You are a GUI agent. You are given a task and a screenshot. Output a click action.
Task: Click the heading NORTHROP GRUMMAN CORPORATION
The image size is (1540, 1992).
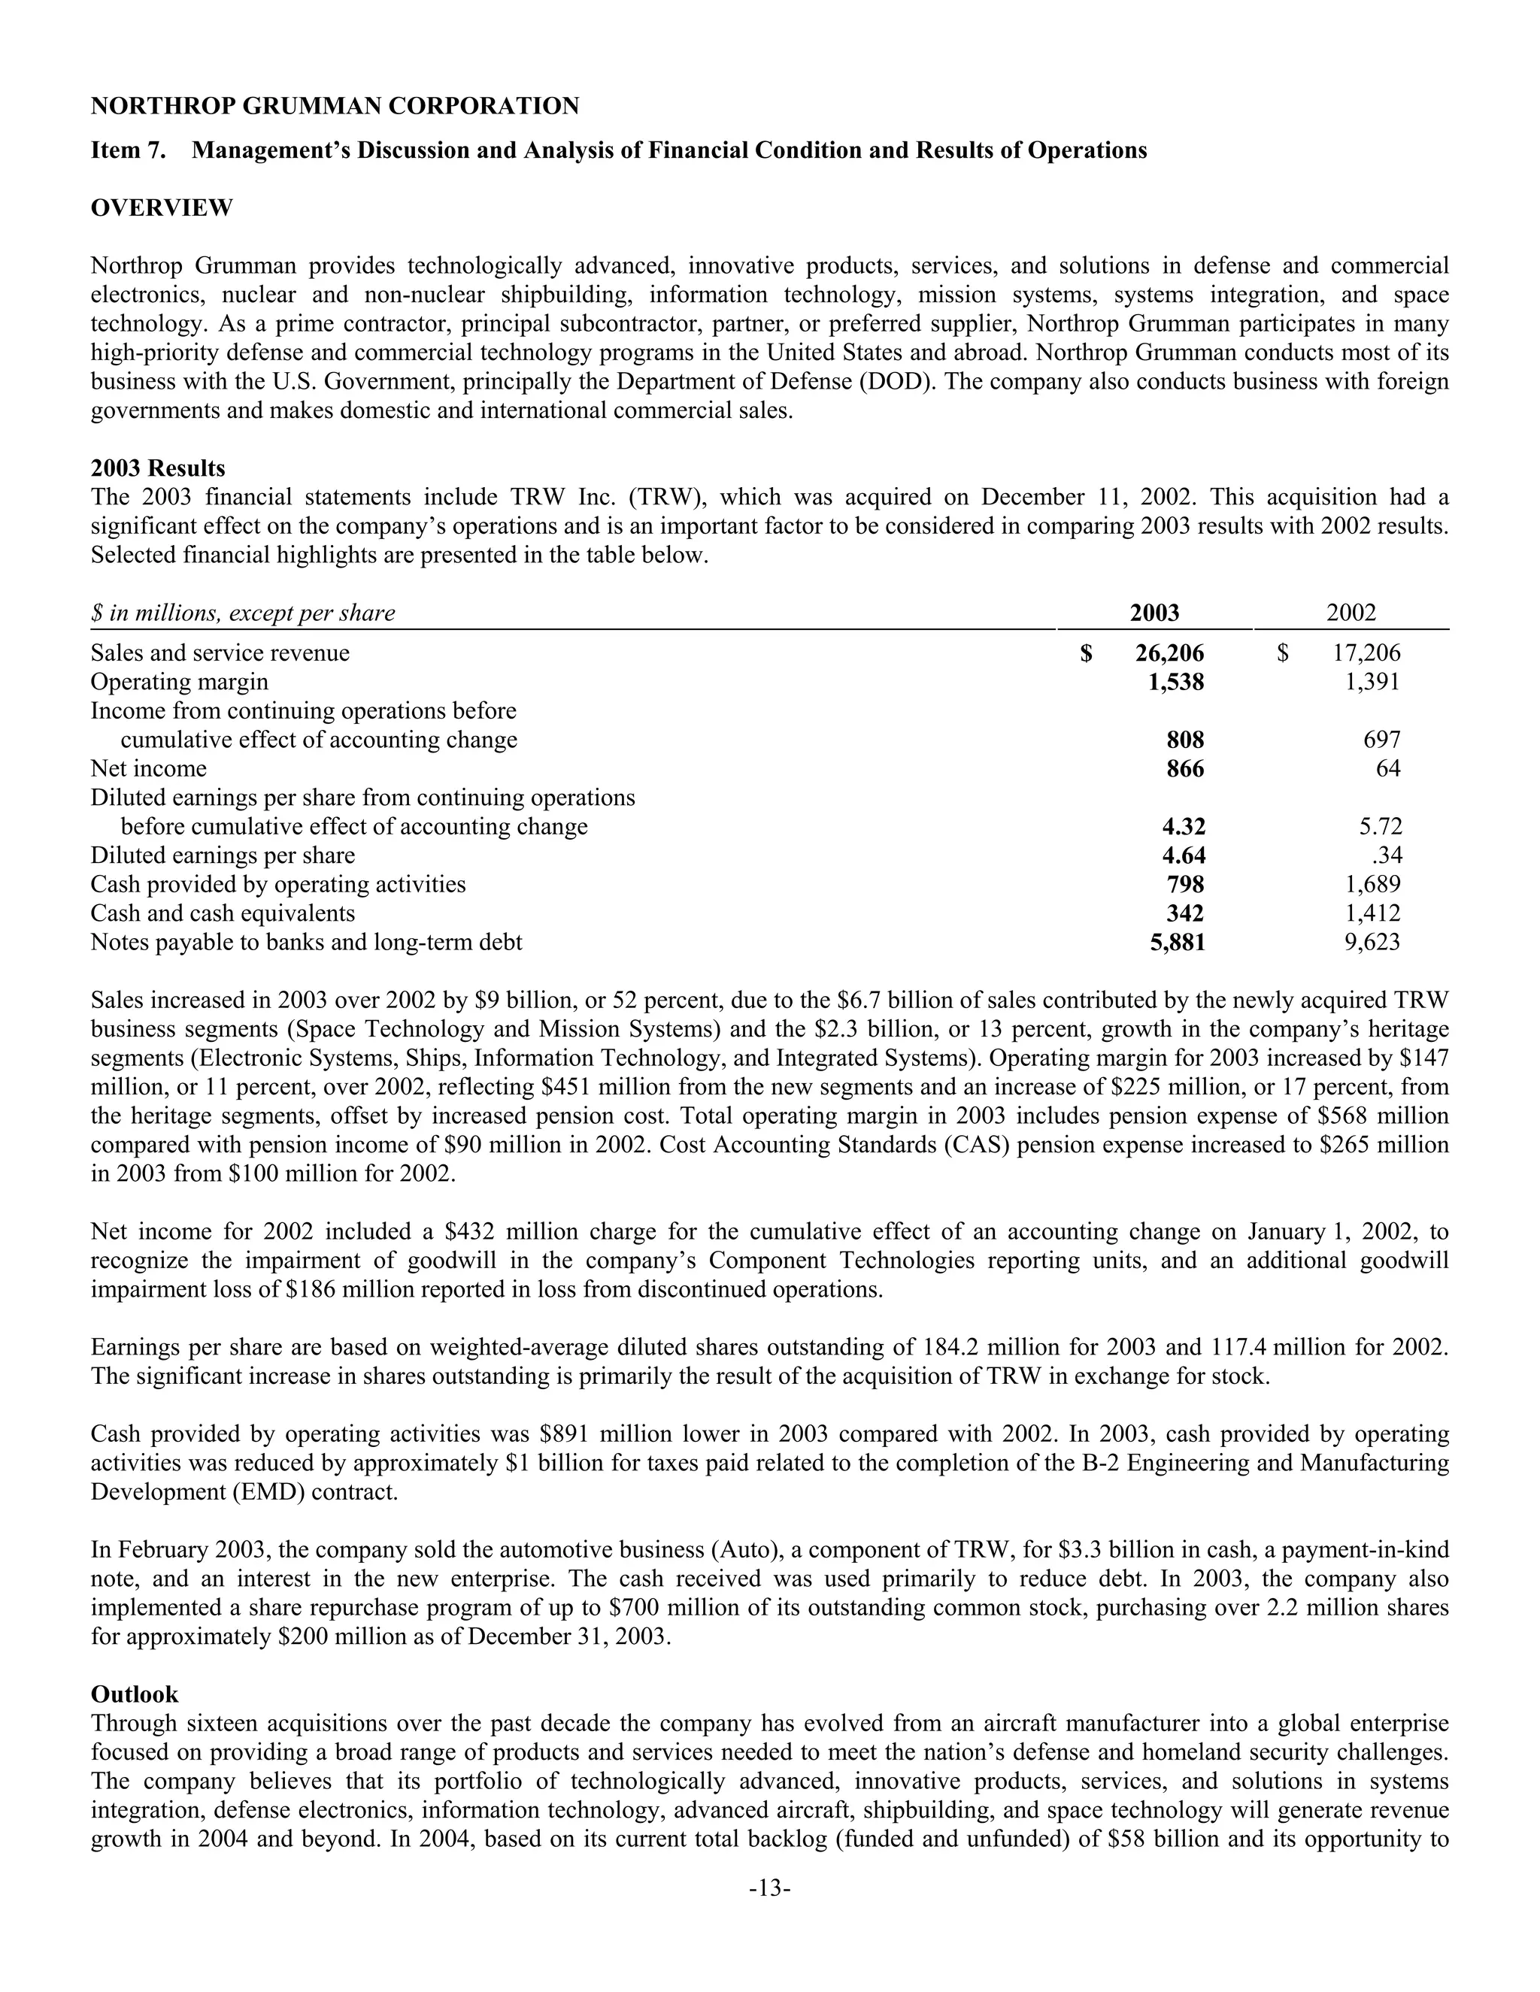pyautogui.click(x=335, y=107)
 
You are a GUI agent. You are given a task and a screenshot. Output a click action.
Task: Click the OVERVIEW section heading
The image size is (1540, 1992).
pyautogui.click(x=162, y=208)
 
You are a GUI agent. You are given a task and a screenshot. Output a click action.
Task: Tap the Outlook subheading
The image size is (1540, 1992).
pyautogui.click(x=135, y=1694)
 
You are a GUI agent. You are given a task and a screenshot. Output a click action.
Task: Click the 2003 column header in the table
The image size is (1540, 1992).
pyautogui.click(x=1154, y=613)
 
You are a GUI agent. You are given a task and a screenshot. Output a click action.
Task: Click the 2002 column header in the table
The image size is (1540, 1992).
pyautogui.click(x=1351, y=613)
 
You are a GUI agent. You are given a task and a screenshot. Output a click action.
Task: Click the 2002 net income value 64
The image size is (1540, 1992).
pyautogui.click(x=1387, y=769)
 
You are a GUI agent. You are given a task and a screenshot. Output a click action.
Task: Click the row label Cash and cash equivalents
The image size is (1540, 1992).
pyautogui.click(x=223, y=913)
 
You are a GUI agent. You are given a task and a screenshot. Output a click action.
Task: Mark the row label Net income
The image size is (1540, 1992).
pyautogui.click(x=149, y=769)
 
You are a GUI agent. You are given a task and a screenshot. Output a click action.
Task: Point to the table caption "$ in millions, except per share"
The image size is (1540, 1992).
pyautogui.click(x=243, y=613)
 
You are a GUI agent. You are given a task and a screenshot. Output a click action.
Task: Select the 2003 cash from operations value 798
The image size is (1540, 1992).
pyautogui.click(x=1185, y=885)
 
